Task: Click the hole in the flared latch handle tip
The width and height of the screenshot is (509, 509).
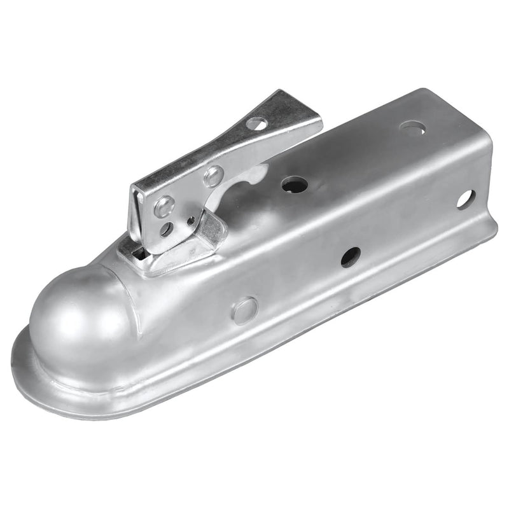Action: point(257,123)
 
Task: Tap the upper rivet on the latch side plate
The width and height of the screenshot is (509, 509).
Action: point(213,176)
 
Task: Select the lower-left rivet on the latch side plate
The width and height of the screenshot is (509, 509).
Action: point(164,206)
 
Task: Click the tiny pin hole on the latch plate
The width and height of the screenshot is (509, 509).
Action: point(191,221)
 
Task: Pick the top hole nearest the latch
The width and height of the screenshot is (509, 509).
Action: point(295,185)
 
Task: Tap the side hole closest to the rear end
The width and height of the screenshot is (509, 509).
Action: point(465,199)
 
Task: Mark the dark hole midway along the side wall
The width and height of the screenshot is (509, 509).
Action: point(351,256)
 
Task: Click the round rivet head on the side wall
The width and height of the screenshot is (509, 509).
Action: point(245,310)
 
